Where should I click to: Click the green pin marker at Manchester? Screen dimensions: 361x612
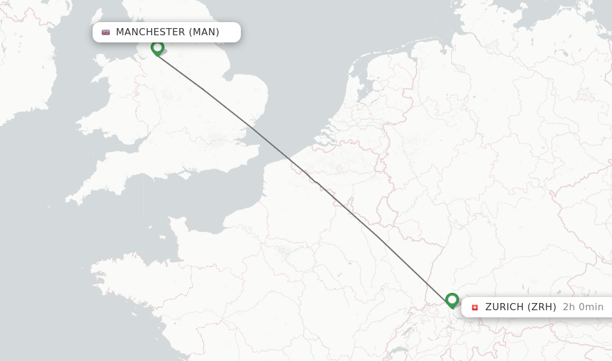[x=157, y=47]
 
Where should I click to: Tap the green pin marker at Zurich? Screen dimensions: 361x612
[x=452, y=299]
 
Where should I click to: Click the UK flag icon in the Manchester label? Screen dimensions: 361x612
[x=106, y=32]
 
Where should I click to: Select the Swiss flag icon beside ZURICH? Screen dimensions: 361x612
[x=475, y=307]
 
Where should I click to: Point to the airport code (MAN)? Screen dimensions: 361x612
[x=204, y=32]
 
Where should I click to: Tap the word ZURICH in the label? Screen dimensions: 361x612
[x=504, y=307]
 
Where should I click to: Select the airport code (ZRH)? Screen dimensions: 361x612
[x=541, y=307]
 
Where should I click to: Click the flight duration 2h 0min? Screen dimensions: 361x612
[x=583, y=307]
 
